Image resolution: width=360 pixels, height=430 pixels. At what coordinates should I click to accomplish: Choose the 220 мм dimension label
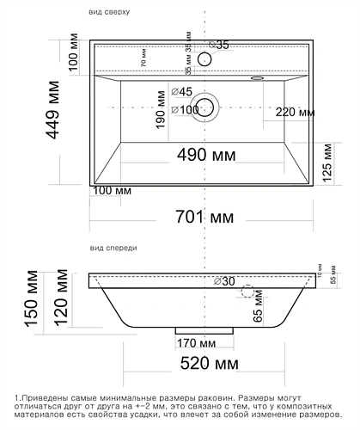[295, 111]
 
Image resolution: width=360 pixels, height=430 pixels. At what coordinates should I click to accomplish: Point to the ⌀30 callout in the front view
[224, 281]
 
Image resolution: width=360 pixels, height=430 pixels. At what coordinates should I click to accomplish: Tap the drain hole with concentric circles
[206, 107]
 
